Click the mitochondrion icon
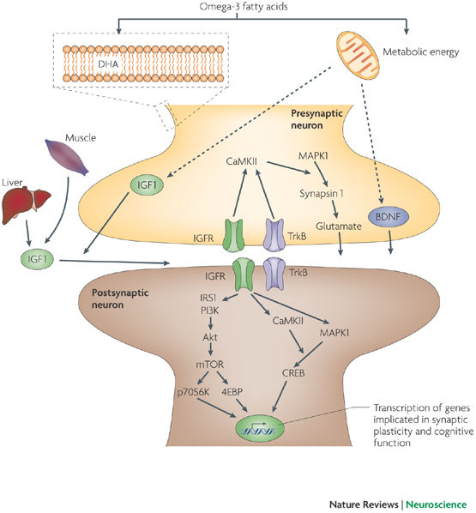tap(358, 55)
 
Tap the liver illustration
tap(27, 205)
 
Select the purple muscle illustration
tap(67, 157)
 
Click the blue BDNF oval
tap(389, 217)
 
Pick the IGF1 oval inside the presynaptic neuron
tap(147, 185)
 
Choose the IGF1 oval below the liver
tap(37, 260)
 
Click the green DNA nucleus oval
tap(259, 428)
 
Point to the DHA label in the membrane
tap(108, 63)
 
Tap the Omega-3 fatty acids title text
tap(244, 7)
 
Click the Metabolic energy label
tap(421, 52)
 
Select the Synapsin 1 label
tap(322, 194)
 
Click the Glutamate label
tap(339, 226)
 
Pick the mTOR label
tap(210, 364)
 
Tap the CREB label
tap(293, 372)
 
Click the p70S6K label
tap(193, 392)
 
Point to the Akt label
tap(210, 337)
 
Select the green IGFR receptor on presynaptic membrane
tap(233, 235)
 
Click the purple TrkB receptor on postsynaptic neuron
tap(274, 274)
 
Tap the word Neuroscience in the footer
tap(437, 504)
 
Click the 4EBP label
tap(232, 392)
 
